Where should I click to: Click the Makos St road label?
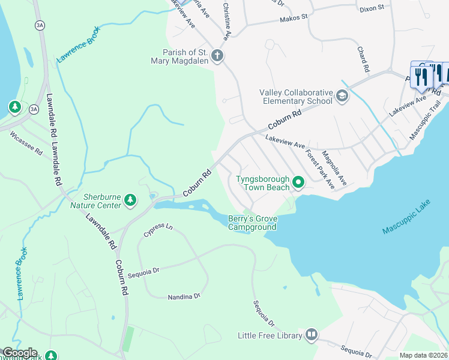coord(294,19)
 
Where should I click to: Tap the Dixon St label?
coord(372,9)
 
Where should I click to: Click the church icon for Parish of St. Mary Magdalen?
coord(217,56)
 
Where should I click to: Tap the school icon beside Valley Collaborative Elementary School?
coord(342,96)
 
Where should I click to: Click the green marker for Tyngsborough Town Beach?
coord(298,182)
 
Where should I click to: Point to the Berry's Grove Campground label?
coord(252,223)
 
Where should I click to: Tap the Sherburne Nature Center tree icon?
coord(130,200)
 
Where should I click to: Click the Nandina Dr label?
coord(184,296)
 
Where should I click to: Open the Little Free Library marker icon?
coord(311,334)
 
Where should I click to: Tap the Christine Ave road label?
coord(226,22)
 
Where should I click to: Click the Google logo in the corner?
coord(19,353)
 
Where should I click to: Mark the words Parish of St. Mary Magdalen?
coord(180,56)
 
